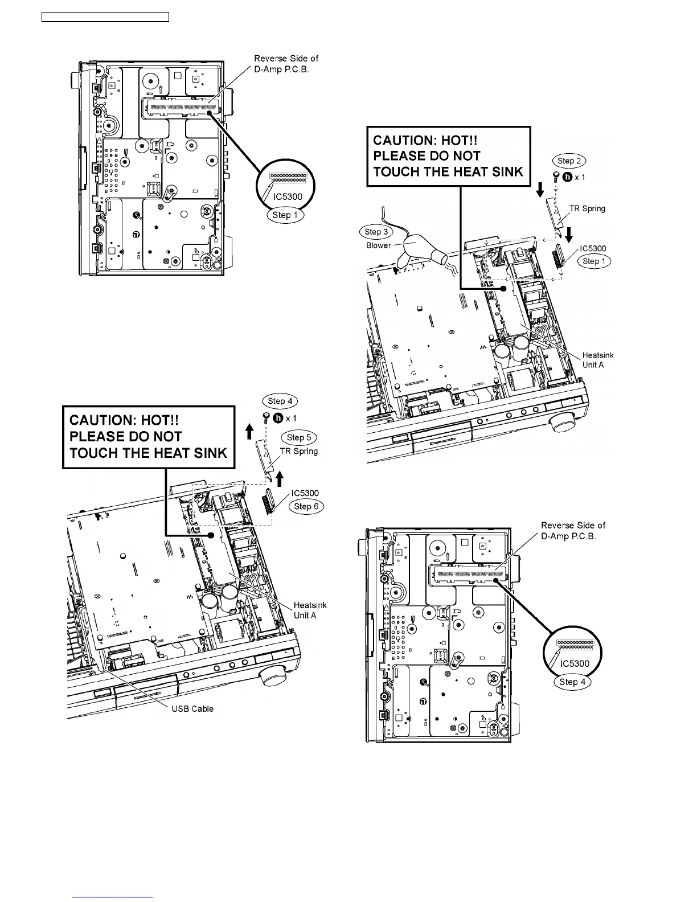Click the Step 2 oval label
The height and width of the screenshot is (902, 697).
[570, 161]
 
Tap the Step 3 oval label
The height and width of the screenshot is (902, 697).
[376, 232]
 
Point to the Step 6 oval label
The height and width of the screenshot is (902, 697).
[306, 506]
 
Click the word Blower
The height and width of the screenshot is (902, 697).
[379, 245]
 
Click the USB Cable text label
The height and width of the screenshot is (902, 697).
[192, 708]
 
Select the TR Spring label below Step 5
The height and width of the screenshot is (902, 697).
[299, 451]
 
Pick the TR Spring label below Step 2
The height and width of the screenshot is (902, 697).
[587, 208]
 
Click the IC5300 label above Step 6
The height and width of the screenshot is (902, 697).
[305, 493]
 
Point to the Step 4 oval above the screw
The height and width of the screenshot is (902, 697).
[280, 401]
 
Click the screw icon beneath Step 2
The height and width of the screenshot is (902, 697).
[556, 177]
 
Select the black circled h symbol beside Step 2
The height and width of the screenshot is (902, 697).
[567, 177]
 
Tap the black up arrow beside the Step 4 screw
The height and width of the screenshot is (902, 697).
[249, 433]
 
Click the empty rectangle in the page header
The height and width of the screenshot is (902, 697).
[106, 17]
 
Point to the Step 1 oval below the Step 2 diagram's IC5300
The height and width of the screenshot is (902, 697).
[594, 261]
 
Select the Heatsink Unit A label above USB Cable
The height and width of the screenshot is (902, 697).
[310, 610]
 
